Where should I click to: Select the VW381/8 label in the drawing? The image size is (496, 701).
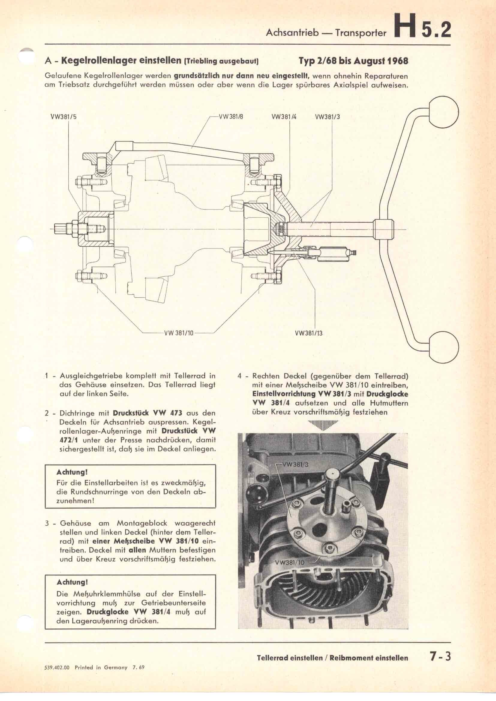(231, 116)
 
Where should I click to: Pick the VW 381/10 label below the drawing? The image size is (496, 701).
(179, 333)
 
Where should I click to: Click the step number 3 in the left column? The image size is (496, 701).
(47, 523)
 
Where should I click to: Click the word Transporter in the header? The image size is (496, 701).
(361, 33)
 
